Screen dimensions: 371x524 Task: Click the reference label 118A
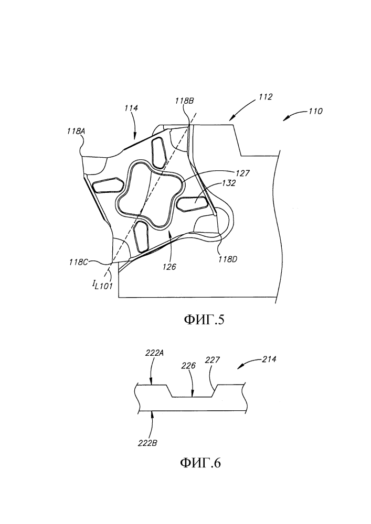click(x=76, y=132)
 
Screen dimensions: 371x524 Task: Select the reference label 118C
click(x=79, y=262)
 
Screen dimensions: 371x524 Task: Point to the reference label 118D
click(x=228, y=258)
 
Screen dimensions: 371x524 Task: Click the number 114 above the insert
click(x=131, y=108)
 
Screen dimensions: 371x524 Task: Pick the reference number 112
click(x=266, y=97)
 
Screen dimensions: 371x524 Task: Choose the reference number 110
click(x=315, y=111)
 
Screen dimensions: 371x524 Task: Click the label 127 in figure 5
click(x=242, y=173)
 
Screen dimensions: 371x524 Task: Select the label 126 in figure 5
click(x=169, y=267)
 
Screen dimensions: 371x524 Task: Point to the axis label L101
click(x=103, y=285)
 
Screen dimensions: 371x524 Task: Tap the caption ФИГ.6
click(x=200, y=463)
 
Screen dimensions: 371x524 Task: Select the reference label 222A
click(x=154, y=353)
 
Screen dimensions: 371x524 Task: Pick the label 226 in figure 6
click(x=188, y=366)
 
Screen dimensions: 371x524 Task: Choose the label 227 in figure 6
click(x=213, y=359)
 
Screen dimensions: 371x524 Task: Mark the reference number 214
click(x=269, y=359)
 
